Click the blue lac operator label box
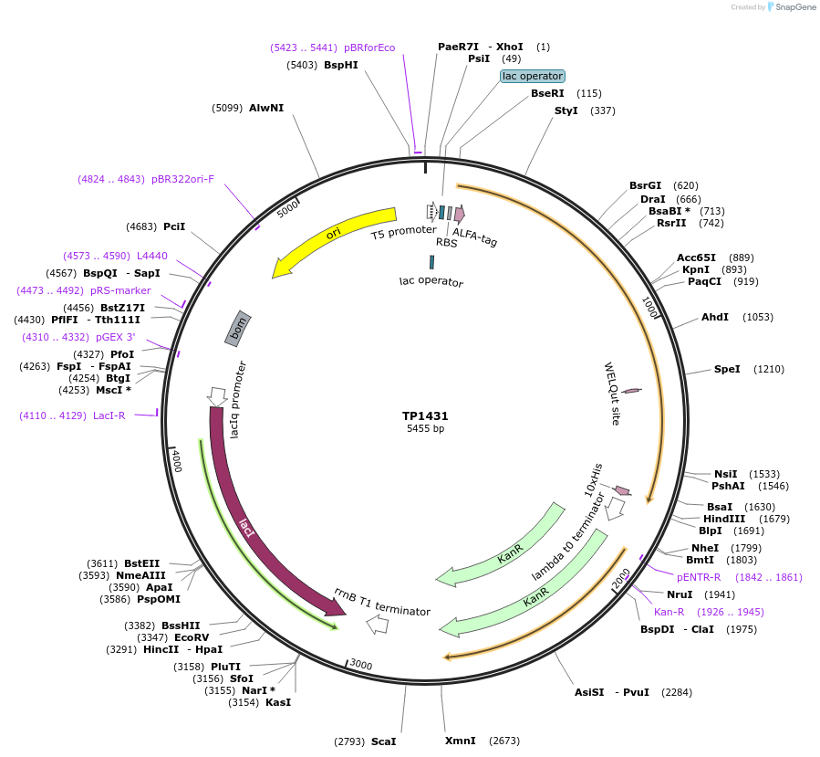[533, 76]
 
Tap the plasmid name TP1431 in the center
[425, 415]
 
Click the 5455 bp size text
[425, 428]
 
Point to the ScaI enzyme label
[383, 741]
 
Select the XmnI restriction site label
[460, 741]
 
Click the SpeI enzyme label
[727, 369]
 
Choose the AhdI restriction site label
[714, 317]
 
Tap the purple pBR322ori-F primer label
[182, 179]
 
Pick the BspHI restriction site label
[340, 65]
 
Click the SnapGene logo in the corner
[792, 7]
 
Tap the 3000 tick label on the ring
[361, 665]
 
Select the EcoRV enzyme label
[192, 636]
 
